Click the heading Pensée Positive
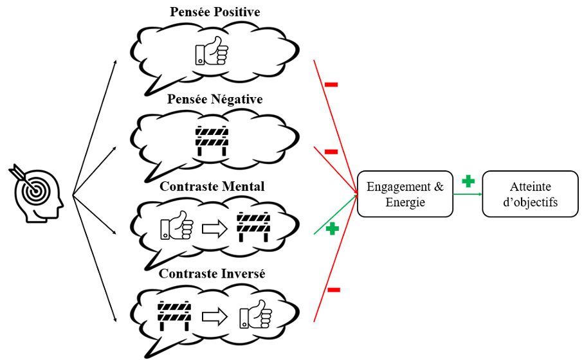[x=215, y=12]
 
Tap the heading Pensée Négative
[x=215, y=100]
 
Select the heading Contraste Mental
[x=212, y=186]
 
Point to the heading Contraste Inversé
[x=212, y=274]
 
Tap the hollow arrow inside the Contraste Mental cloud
[x=214, y=228]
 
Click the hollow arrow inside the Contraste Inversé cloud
[x=214, y=316]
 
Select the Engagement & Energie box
[x=405, y=194]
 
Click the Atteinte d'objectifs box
[x=530, y=194]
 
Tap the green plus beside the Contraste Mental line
[x=332, y=228]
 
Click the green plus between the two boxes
[x=468, y=181]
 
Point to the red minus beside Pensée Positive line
[x=331, y=84]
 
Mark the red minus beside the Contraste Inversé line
[x=334, y=290]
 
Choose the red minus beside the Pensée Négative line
[x=331, y=152]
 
